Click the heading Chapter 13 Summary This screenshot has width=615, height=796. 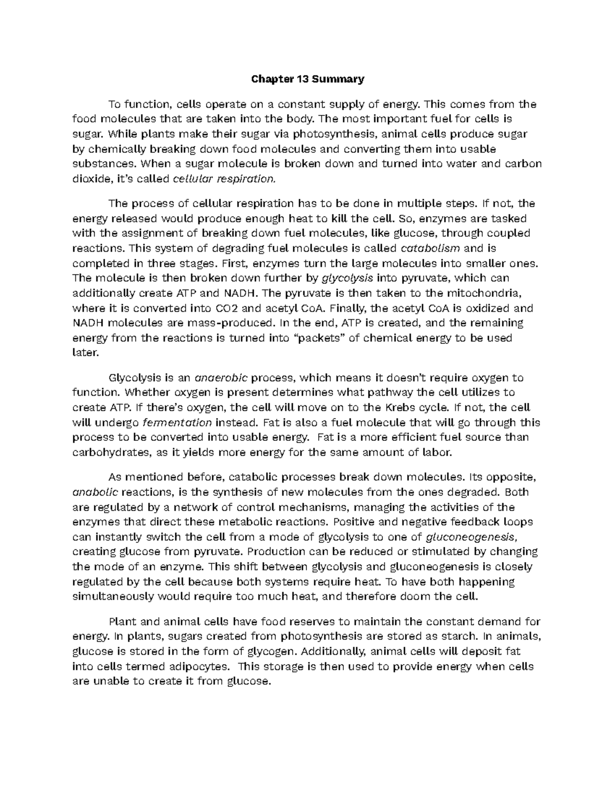(307, 79)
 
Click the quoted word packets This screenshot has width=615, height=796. (321, 338)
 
